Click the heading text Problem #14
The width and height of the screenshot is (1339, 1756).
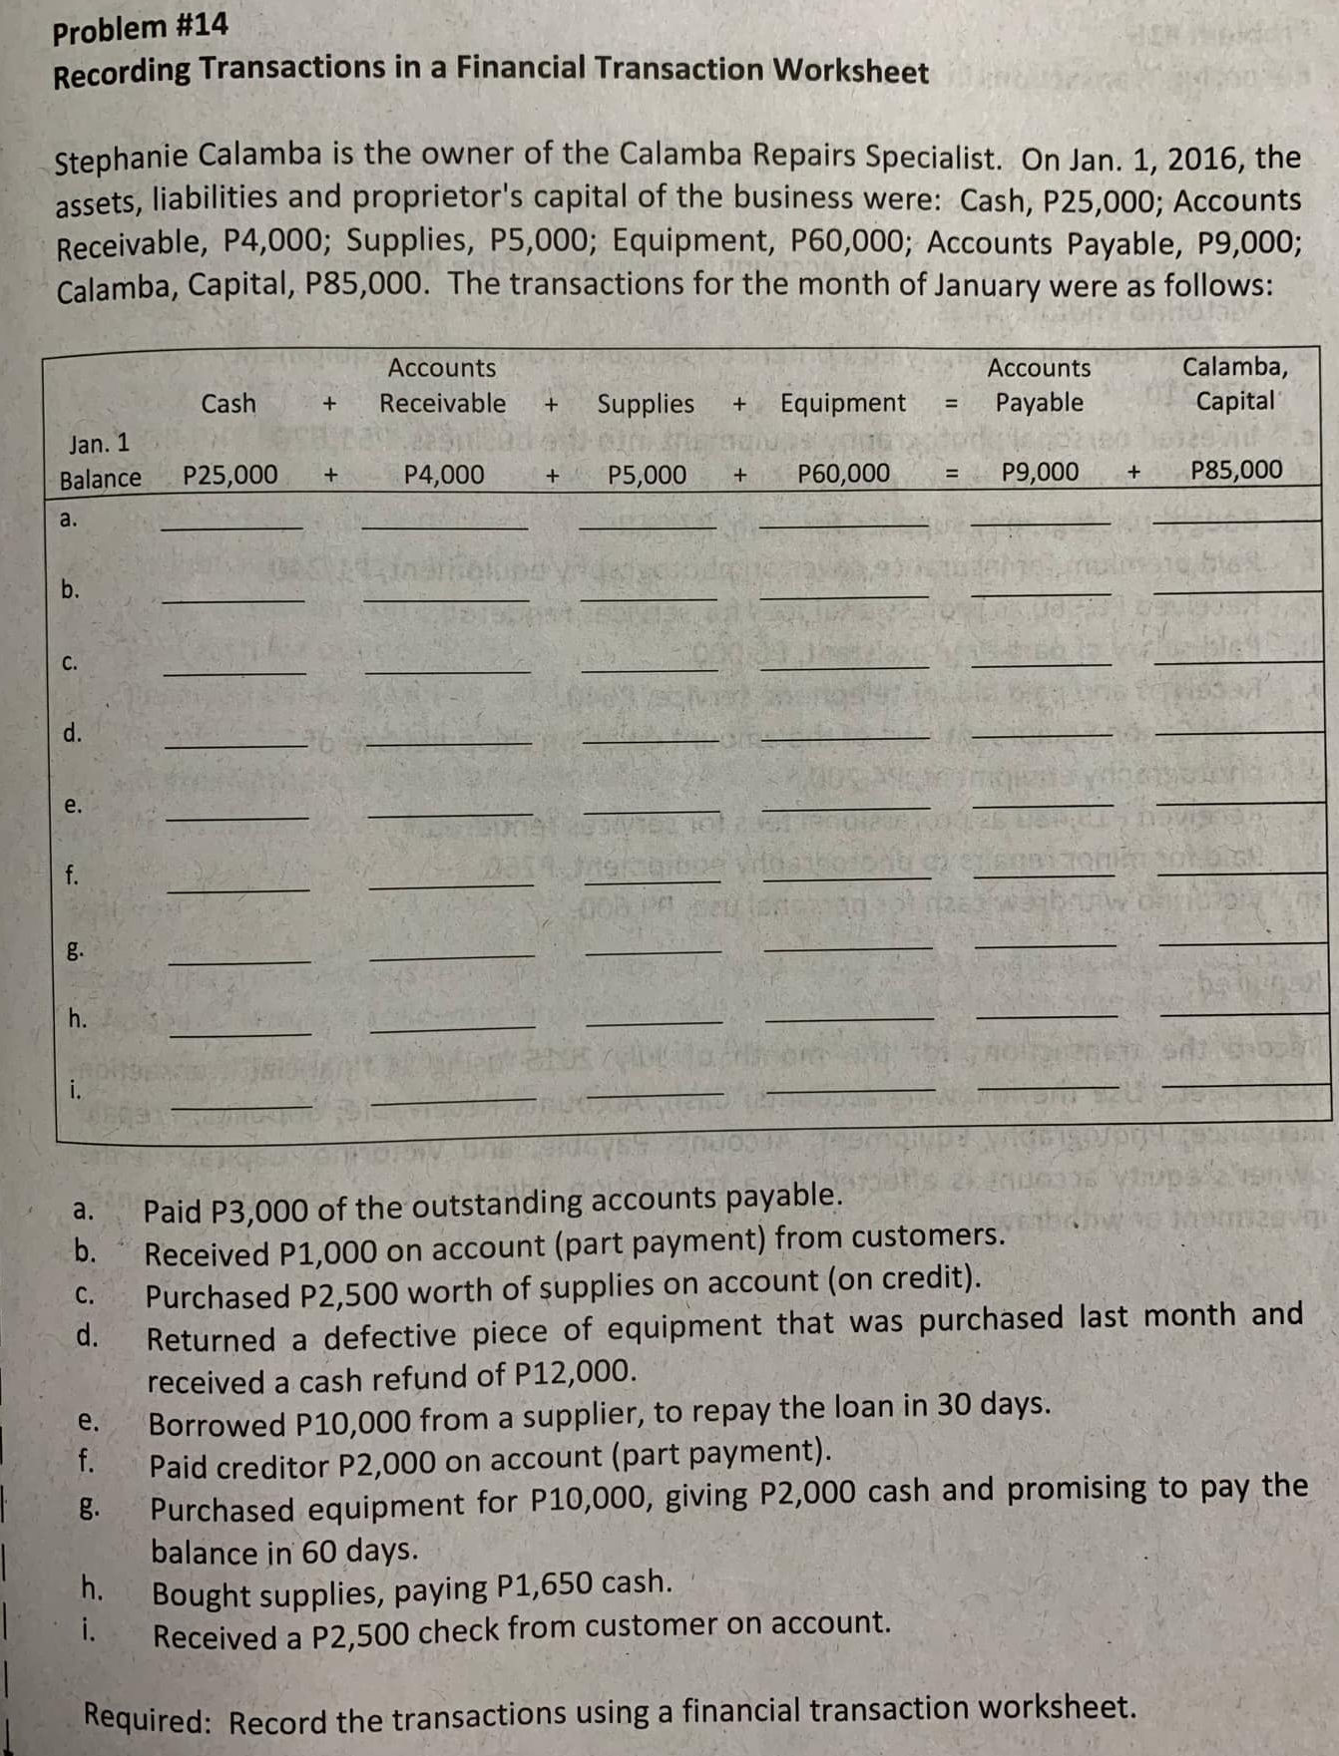[x=140, y=27]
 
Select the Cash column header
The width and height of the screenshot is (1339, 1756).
[x=228, y=404]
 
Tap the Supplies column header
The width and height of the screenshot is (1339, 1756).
[x=646, y=404]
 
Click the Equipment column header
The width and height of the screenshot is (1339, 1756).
[x=843, y=403]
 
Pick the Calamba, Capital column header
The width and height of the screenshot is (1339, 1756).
[x=1235, y=384]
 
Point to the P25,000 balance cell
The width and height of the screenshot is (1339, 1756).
[x=230, y=475]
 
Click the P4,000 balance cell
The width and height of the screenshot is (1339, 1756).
[x=444, y=475]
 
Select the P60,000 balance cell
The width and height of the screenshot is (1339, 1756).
[x=844, y=473]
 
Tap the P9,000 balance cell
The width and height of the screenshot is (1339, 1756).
[x=1040, y=472]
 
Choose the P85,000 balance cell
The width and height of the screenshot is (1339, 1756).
[x=1237, y=470]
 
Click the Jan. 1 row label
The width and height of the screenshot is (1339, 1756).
[x=99, y=443]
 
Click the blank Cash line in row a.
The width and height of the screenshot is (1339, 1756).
[x=231, y=525]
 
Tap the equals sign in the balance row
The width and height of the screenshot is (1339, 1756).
[x=952, y=474]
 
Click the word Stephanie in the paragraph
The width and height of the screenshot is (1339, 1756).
[x=121, y=159]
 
